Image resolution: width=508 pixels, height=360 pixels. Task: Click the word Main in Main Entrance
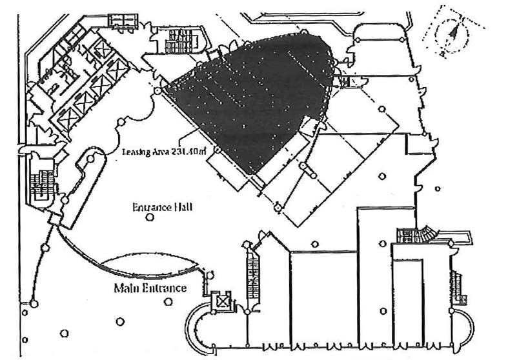(x=126, y=288)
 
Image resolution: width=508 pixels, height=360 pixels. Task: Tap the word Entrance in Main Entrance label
(x=163, y=288)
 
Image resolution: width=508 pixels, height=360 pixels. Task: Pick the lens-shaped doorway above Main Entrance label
(x=149, y=265)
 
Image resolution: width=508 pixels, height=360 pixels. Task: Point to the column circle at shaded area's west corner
(x=158, y=92)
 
